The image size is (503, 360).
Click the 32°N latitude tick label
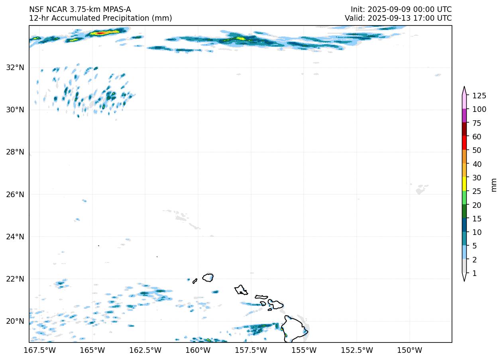click(x=15, y=67)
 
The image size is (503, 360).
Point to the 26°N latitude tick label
click(x=15, y=194)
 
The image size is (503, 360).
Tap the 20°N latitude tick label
click(x=15, y=321)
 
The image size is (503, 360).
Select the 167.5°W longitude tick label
click(x=40, y=350)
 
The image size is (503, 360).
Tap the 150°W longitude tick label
click(x=410, y=350)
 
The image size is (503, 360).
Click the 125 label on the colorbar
click(x=479, y=96)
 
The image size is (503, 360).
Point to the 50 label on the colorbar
click(x=477, y=150)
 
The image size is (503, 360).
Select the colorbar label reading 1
click(x=474, y=273)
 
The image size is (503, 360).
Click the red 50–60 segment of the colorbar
click(x=464, y=143)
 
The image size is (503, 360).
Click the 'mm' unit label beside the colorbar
click(x=494, y=184)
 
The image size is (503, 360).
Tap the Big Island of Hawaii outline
click(x=294, y=329)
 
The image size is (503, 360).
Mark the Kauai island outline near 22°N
click(x=208, y=277)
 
